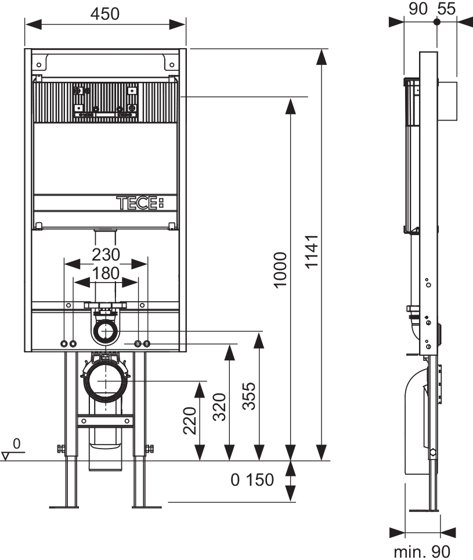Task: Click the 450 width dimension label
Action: (105, 13)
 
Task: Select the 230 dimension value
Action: (105, 254)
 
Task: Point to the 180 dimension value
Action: (105, 273)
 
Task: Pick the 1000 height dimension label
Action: (280, 270)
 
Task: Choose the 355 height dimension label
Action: (249, 395)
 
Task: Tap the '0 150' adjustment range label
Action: (252, 480)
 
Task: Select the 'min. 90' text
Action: (422, 551)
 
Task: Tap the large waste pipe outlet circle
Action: (106, 381)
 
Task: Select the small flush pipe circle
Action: (105, 332)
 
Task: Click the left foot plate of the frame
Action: (64, 507)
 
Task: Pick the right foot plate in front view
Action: (146, 507)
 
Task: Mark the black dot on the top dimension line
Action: (437, 21)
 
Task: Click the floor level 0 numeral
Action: (16, 444)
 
